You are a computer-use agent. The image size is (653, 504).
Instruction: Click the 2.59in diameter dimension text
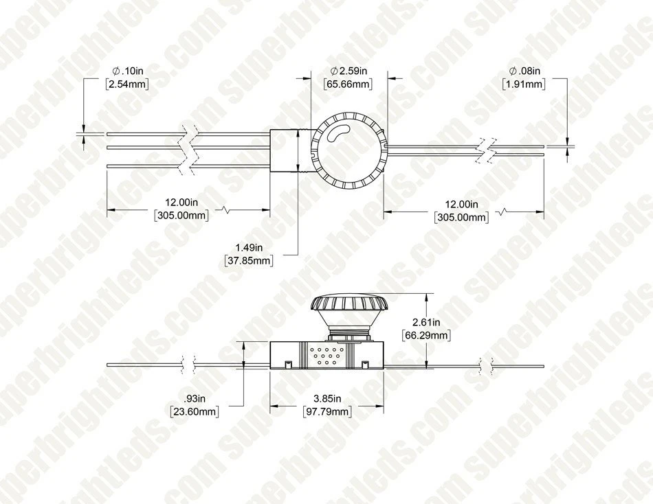click(351, 71)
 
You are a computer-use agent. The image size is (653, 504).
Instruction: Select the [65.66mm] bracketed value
click(348, 84)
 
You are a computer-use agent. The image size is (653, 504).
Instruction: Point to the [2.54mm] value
click(127, 84)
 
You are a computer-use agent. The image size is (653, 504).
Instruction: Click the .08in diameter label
click(524, 71)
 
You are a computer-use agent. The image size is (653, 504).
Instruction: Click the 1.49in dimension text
click(247, 247)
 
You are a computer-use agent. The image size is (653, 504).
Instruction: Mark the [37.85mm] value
click(248, 260)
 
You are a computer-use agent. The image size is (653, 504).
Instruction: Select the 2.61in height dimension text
click(425, 322)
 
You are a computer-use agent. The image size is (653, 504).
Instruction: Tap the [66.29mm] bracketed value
click(425, 335)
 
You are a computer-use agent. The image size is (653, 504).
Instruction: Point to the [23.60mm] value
click(195, 411)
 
